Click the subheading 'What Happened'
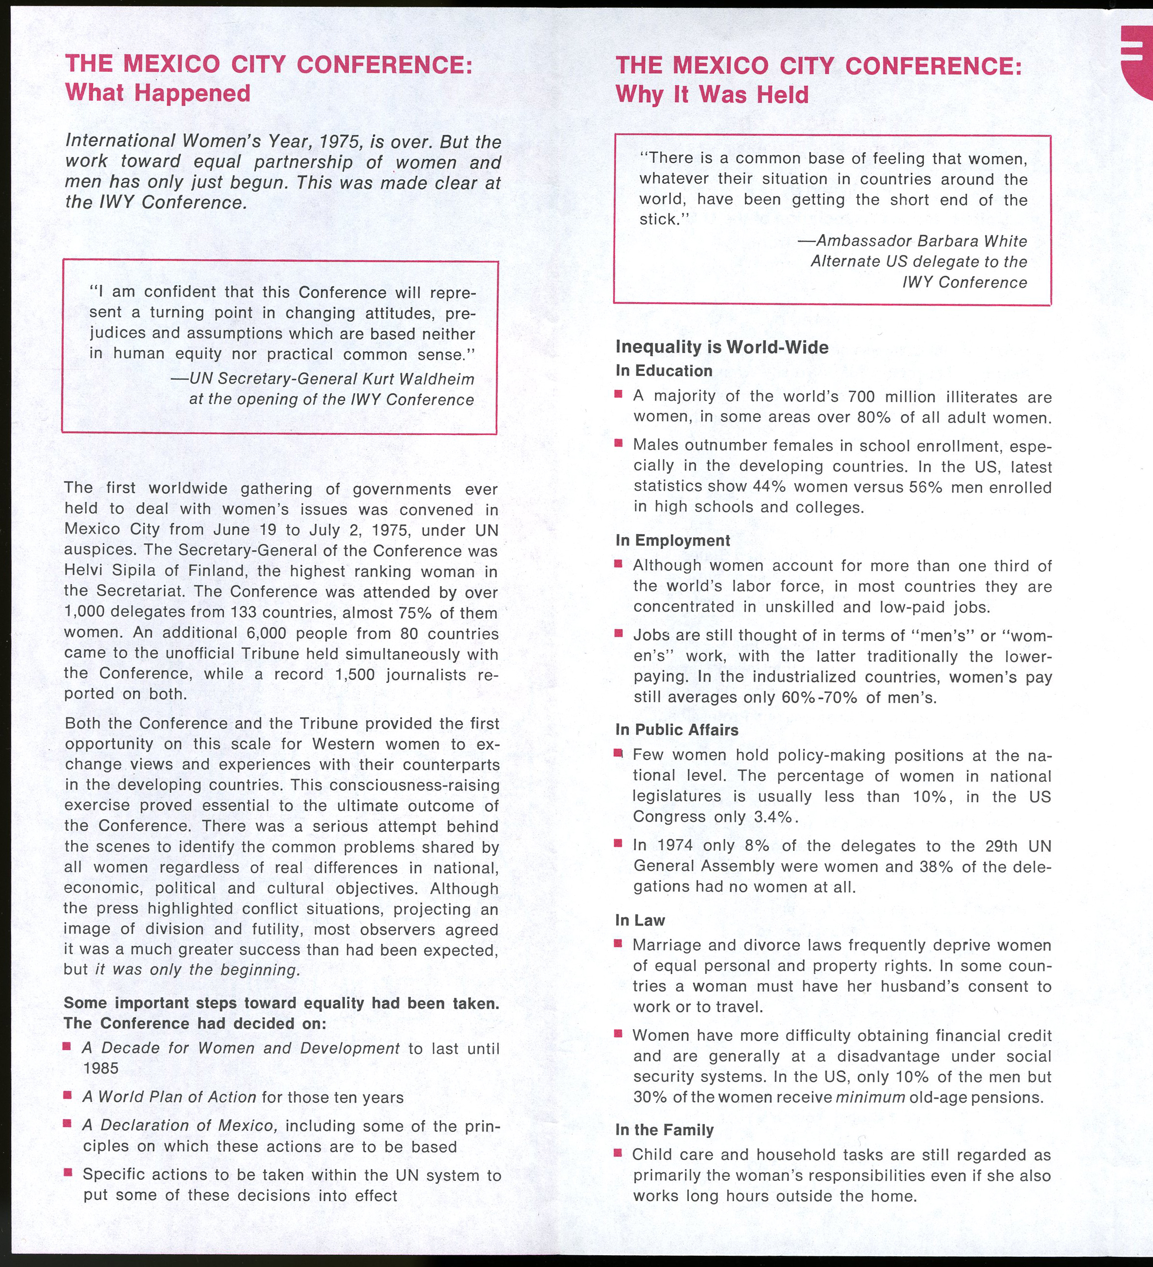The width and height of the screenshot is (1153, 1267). pos(158,93)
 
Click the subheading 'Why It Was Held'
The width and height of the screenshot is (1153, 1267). pos(712,95)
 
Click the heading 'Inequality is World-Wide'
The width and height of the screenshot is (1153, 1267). pos(721,347)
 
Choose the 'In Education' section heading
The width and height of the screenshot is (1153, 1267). pos(663,371)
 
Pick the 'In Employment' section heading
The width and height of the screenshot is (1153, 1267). pos(672,540)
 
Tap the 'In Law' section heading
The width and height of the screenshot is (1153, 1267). pos(640,920)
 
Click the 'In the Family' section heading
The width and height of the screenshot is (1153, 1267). pos(664,1130)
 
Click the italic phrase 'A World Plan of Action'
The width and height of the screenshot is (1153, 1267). pos(169,1097)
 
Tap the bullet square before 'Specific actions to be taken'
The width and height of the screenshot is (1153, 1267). pos(67,1173)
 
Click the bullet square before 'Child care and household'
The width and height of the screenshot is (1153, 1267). pos(618,1153)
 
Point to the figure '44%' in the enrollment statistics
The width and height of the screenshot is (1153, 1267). pos(770,488)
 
